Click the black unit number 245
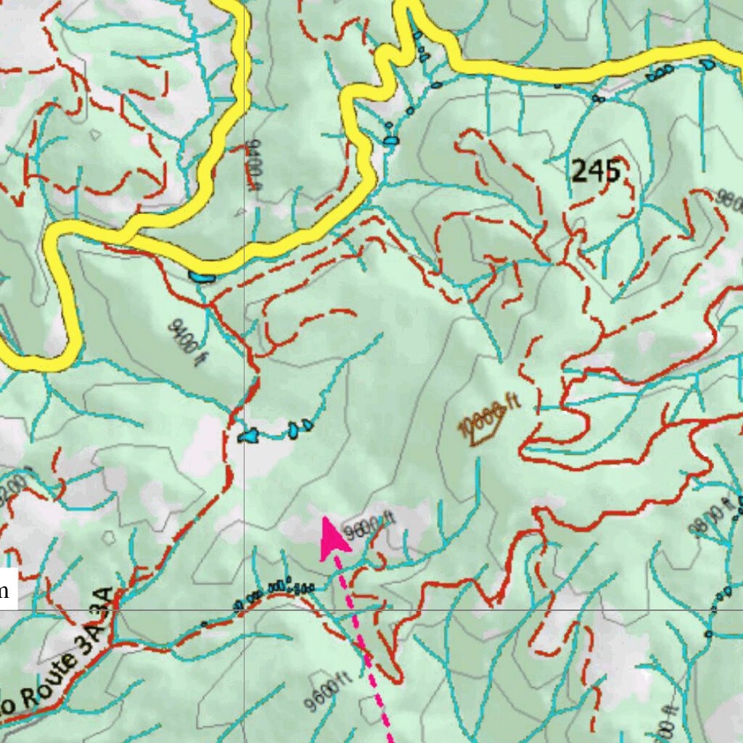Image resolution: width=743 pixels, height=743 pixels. click(x=596, y=172)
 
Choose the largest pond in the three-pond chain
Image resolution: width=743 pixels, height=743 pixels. click(x=248, y=436)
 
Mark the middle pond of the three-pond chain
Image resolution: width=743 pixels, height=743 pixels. click(x=293, y=430)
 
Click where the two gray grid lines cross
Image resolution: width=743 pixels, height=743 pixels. click(x=244, y=609)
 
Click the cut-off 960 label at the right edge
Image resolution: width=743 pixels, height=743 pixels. click(x=728, y=197)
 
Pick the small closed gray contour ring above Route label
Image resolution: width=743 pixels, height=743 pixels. click(x=109, y=538)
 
